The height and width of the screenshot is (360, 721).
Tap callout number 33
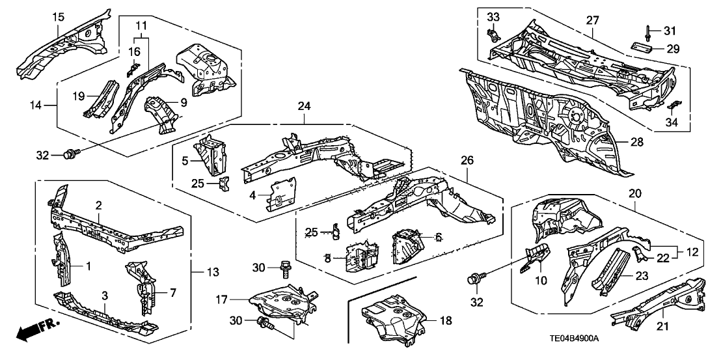pos(493,16)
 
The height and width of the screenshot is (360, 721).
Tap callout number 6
pos(439,239)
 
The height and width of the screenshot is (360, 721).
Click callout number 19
pos(79,96)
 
